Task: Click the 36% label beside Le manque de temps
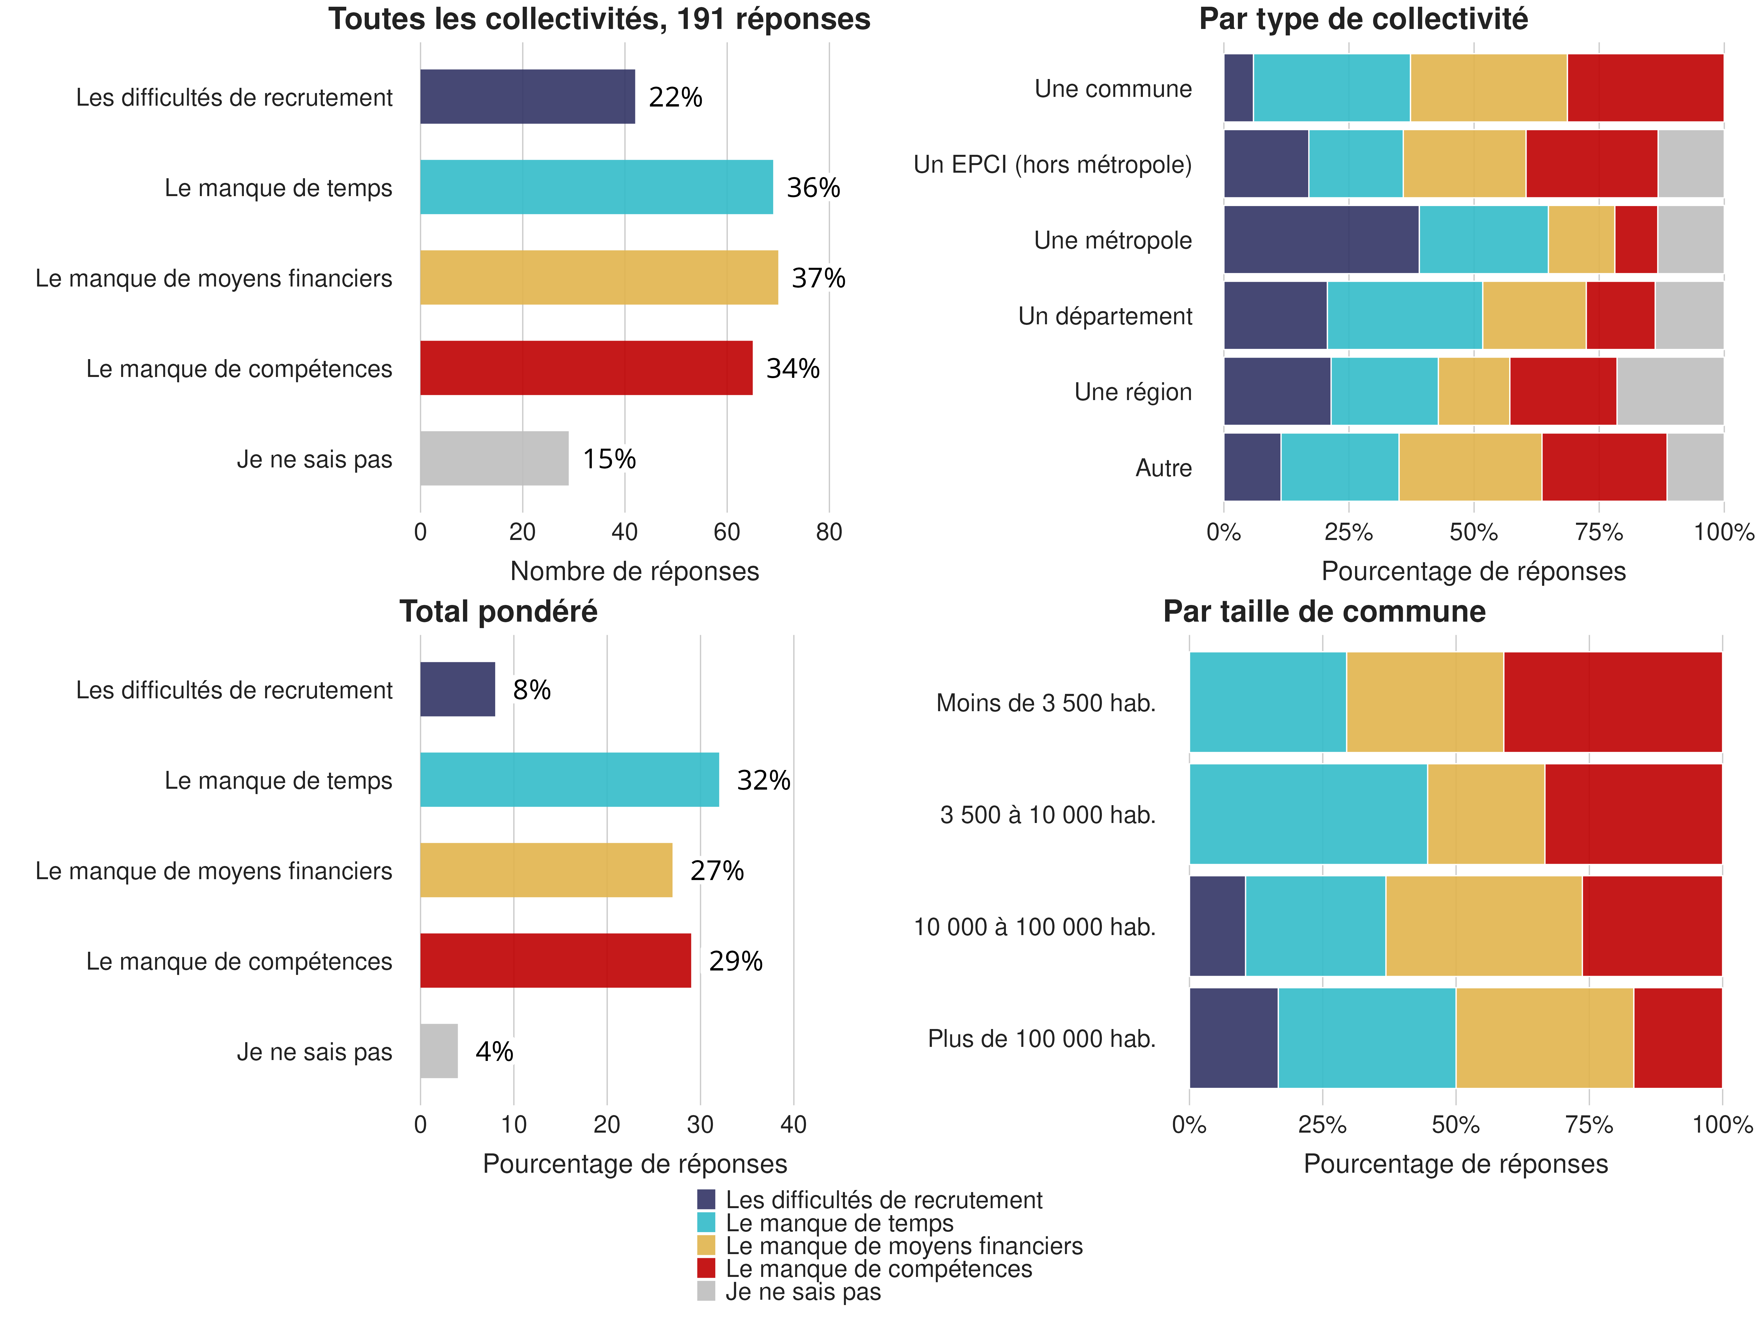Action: coord(813,188)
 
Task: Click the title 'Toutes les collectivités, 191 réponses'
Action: coord(599,19)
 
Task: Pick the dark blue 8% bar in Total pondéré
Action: coord(457,689)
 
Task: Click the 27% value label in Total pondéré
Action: coord(717,871)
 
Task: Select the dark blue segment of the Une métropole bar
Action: coord(1321,240)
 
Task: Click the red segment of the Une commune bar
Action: coord(1645,88)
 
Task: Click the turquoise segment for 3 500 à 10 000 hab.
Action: coord(1307,814)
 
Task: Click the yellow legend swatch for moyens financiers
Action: coord(706,1246)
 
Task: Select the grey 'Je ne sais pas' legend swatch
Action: coord(706,1291)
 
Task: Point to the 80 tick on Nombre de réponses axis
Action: coord(829,532)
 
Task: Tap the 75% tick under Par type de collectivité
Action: coord(1598,532)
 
